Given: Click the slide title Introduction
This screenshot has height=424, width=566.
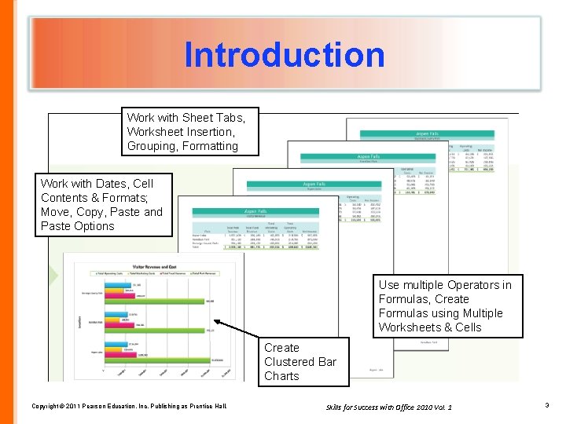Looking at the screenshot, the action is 285,55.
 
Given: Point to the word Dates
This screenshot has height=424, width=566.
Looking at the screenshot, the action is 112,183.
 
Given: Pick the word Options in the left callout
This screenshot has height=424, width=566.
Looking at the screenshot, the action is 94,226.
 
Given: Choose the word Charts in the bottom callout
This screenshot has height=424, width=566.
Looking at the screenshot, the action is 281,376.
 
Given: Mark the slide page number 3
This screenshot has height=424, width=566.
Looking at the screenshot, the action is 546,405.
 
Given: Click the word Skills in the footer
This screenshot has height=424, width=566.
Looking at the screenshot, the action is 336,406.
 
